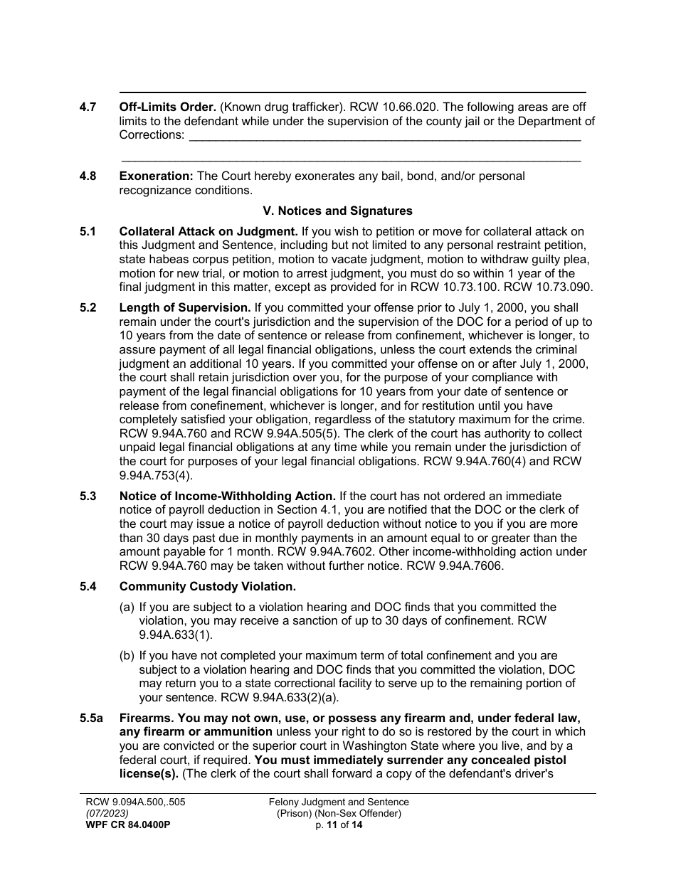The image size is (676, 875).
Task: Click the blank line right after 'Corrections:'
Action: pyautogui.click(x=385, y=135)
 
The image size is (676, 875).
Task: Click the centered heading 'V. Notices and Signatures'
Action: pyautogui.click(x=337, y=211)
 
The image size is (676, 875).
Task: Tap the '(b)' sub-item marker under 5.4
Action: pyautogui.click(x=127, y=655)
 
